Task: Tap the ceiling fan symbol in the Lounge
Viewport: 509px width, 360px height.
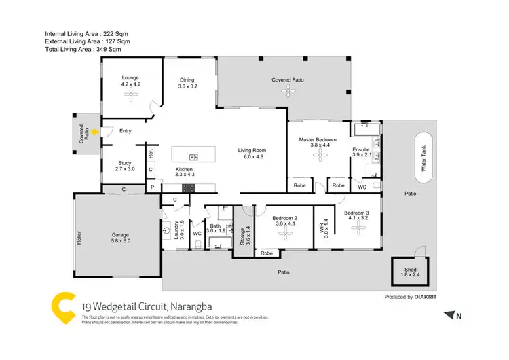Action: pyautogui.click(x=130, y=96)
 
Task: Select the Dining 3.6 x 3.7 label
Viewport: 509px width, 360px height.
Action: pyautogui.click(x=187, y=83)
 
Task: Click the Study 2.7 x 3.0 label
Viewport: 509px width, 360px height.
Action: pyautogui.click(x=124, y=166)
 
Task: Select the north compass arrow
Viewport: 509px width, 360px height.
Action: pyautogui.click(x=449, y=314)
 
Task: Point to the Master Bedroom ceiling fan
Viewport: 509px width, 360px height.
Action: pyautogui.click(x=319, y=156)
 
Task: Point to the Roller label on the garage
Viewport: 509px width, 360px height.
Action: pyautogui.click(x=79, y=235)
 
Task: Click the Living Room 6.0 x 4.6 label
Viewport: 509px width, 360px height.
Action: pyautogui.click(x=250, y=154)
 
